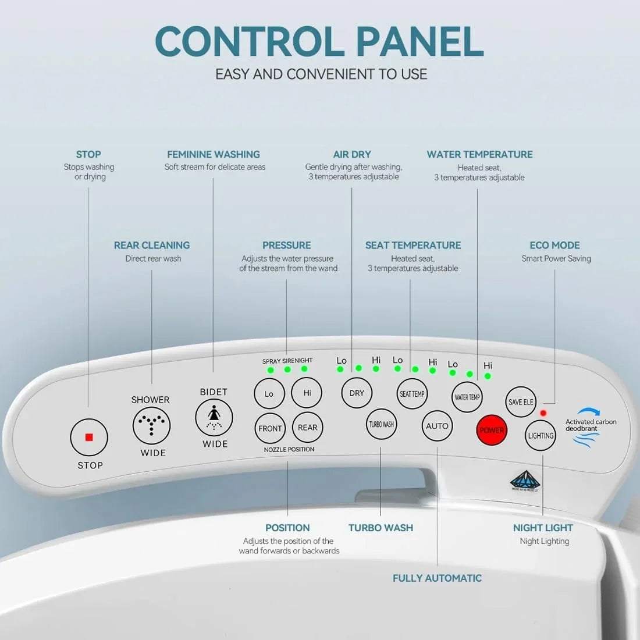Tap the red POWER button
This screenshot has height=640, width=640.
(x=492, y=431)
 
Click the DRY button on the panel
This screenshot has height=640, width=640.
(x=357, y=393)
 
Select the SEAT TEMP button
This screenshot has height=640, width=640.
(x=412, y=394)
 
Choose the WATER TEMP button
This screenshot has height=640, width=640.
(x=467, y=397)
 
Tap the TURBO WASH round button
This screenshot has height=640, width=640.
(x=381, y=425)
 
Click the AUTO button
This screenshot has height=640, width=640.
(x=437, y=426)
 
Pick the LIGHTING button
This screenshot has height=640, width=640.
(x=541, y=436)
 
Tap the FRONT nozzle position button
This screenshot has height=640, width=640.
(x=270, y=428)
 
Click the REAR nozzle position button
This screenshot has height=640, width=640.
(x=307, y=428)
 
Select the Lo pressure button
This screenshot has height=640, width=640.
(x=269, y=394)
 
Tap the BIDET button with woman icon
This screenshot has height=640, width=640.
(x=214, y=418)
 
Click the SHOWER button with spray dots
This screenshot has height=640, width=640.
(x=151, y=425)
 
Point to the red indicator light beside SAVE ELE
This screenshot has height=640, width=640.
(x=543, y=413)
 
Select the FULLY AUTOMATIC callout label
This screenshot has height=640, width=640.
(x=437, y=578)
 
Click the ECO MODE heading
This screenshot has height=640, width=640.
(x=554, y=245)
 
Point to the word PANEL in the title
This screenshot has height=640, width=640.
(x=419, y=42)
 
